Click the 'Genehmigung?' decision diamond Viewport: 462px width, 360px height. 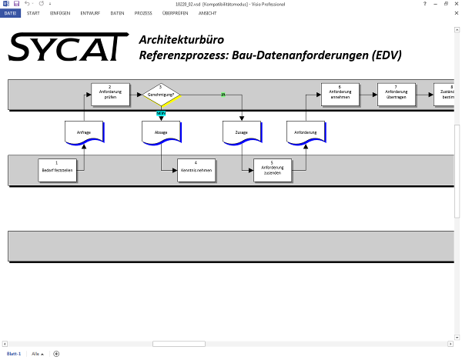tap(161, 95)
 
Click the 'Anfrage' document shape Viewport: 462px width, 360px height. tap(84, 132)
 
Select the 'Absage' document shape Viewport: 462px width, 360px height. tap(161, 132)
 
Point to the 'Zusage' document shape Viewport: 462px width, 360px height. tap(242, 132)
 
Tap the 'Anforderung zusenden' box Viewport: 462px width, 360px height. tap(272, 169)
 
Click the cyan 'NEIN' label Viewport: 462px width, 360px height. tap(161, 114)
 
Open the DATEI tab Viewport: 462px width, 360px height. tap(10, 13)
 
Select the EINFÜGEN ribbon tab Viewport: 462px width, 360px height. tap(60, 13)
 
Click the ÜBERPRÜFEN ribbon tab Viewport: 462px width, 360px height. tap(175, 13)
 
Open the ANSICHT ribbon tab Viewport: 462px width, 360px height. tap(207, 13)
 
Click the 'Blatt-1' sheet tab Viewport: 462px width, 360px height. tap(14, 353)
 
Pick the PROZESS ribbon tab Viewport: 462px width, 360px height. tap(142, 13)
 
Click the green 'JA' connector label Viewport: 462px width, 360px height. tap(223, 95)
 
